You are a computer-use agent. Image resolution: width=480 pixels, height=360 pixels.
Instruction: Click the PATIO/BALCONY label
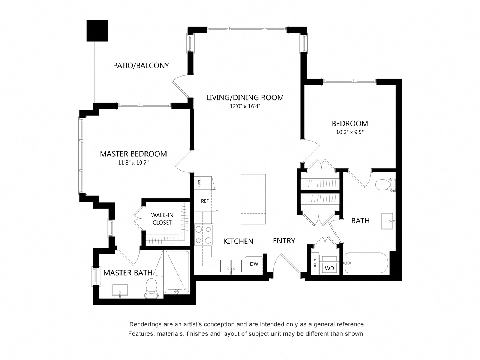(x=141, y=65)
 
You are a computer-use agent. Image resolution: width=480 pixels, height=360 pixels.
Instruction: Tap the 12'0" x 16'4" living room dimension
(x=245, y=106)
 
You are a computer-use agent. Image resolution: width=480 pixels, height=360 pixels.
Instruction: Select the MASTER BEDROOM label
(x=133, y=154)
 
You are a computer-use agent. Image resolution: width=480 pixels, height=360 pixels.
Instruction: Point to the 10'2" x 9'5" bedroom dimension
(x=350, y=132)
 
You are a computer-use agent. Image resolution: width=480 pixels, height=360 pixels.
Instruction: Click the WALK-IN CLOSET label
(x=162, y=219)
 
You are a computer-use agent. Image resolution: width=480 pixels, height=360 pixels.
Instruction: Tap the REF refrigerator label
(x=205, y=201)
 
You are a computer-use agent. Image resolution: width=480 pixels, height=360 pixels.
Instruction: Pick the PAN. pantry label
(x=199, y=183)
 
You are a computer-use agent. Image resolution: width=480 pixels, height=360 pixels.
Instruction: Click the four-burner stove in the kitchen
(x=204, y=235)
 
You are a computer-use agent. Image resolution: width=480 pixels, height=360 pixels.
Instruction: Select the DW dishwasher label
(x=254, y=264)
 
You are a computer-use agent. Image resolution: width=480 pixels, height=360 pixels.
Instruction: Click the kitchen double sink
(x=231, y=266)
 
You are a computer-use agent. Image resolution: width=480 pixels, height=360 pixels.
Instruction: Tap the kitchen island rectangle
(x=253, y=199)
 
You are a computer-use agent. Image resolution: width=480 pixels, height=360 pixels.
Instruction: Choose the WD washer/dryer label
(x=330, y=268)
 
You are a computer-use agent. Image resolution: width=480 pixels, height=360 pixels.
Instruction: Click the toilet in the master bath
(x=151, y=288)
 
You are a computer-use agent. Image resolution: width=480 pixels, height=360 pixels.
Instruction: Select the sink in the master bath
(x=120, y=290)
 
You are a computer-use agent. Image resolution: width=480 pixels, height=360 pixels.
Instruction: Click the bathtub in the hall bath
(x=366, y=263)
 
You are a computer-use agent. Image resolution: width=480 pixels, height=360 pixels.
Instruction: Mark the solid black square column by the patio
(x=97, y=31)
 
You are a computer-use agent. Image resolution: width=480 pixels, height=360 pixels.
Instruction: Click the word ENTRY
(x=284, y=241)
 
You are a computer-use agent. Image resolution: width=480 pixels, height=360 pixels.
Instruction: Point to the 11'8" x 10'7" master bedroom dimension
(x=133, y=163)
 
